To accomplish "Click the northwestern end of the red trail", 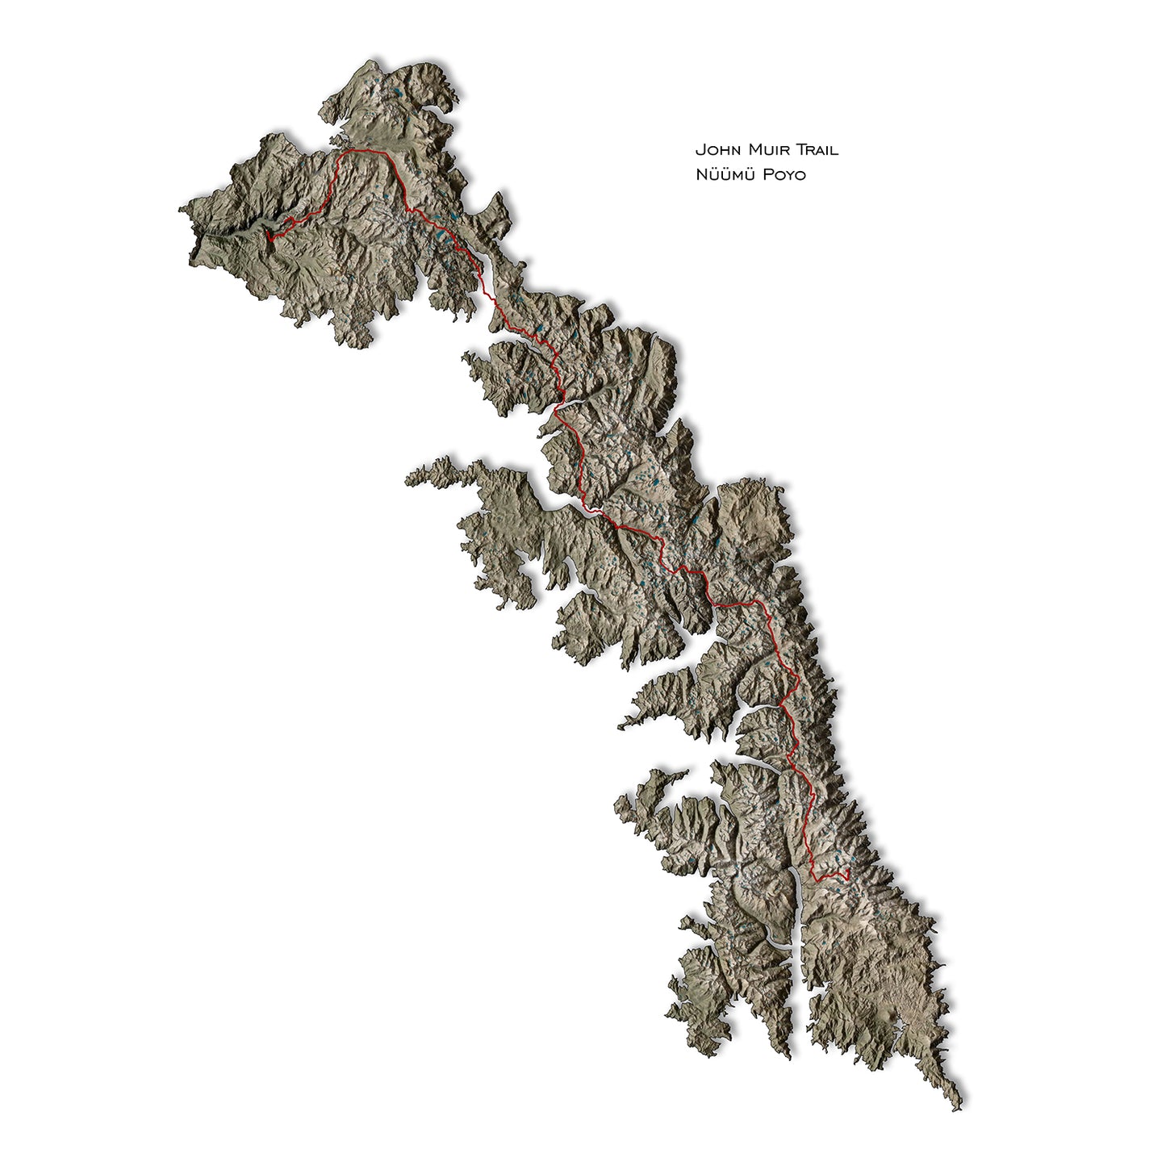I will [x=269, y=239].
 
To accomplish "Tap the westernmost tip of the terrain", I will [x=180, y=211].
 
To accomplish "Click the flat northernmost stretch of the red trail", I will [x=363, y=151].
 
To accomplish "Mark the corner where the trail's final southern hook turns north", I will [x=816, y=878].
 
